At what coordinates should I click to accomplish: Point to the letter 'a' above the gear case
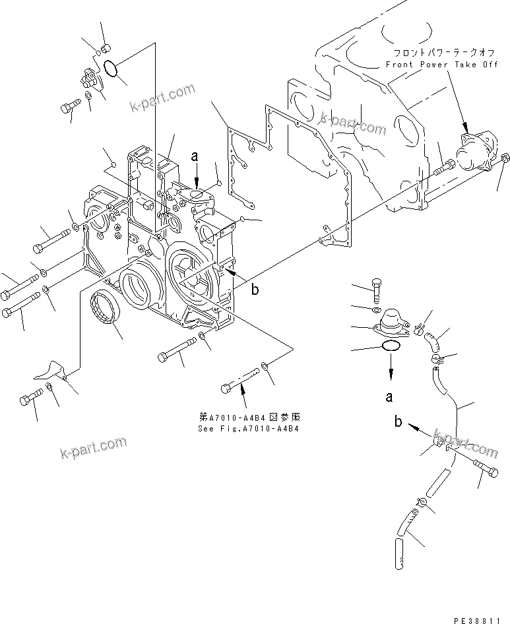pyautogui.click(x=195, y=156)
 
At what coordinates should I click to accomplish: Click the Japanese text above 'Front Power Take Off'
pyautogui.click(x=437, y=52)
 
